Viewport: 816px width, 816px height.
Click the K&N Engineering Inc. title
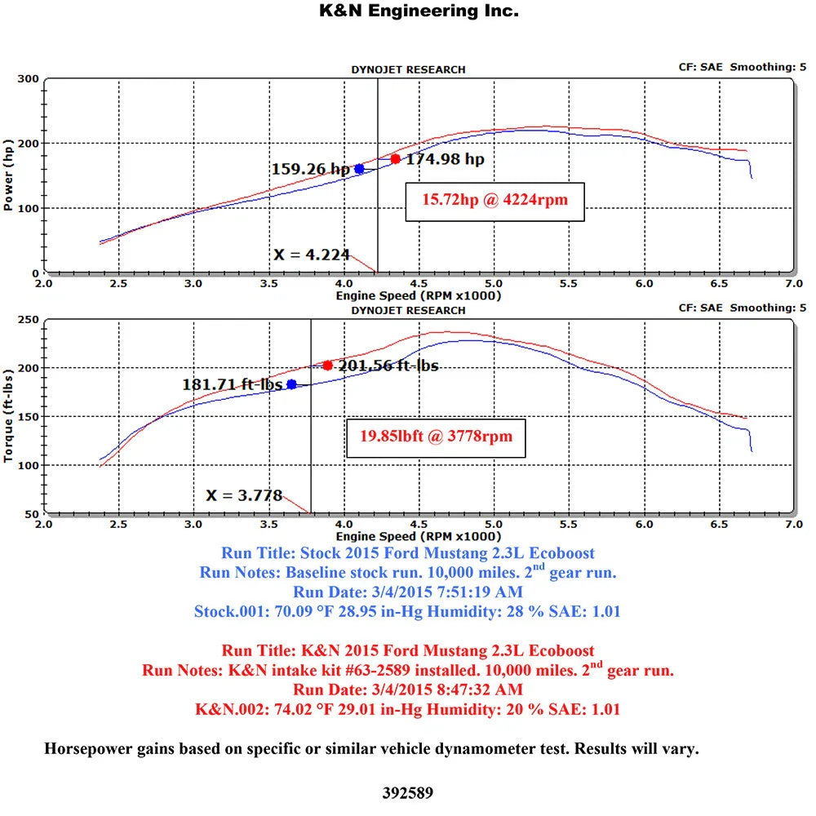tap(419, 11)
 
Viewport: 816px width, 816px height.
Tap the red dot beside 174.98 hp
tap(396, 159)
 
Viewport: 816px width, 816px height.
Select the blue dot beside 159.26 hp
tap(359, 169)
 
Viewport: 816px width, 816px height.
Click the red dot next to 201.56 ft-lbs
tap(327, 366)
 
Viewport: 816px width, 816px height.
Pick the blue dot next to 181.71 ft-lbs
tap(291, 384)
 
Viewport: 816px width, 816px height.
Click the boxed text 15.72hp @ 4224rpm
tap(495, 201)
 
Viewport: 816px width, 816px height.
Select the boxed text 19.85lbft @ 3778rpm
tap(436, 437)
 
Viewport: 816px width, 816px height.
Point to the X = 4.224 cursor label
tap(311, 255)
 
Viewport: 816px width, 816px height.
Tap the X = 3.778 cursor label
tap(244, 495)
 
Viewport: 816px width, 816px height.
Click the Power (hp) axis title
tap(8, 175)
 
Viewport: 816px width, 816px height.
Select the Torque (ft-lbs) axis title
tap(8, 416)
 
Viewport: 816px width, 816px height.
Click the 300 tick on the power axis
tap(28, 79)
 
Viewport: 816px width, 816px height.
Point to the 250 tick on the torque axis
tap(28, 320)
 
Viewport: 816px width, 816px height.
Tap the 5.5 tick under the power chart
tap(569, 284)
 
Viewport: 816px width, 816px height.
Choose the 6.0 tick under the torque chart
tap(645, 525)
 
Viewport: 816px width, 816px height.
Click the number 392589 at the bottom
tap(407, 793)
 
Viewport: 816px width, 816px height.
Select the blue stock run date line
tap(408, 592)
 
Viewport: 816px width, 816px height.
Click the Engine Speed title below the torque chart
tap(419, 537)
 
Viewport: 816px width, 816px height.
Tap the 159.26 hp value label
tap(311, 169)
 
